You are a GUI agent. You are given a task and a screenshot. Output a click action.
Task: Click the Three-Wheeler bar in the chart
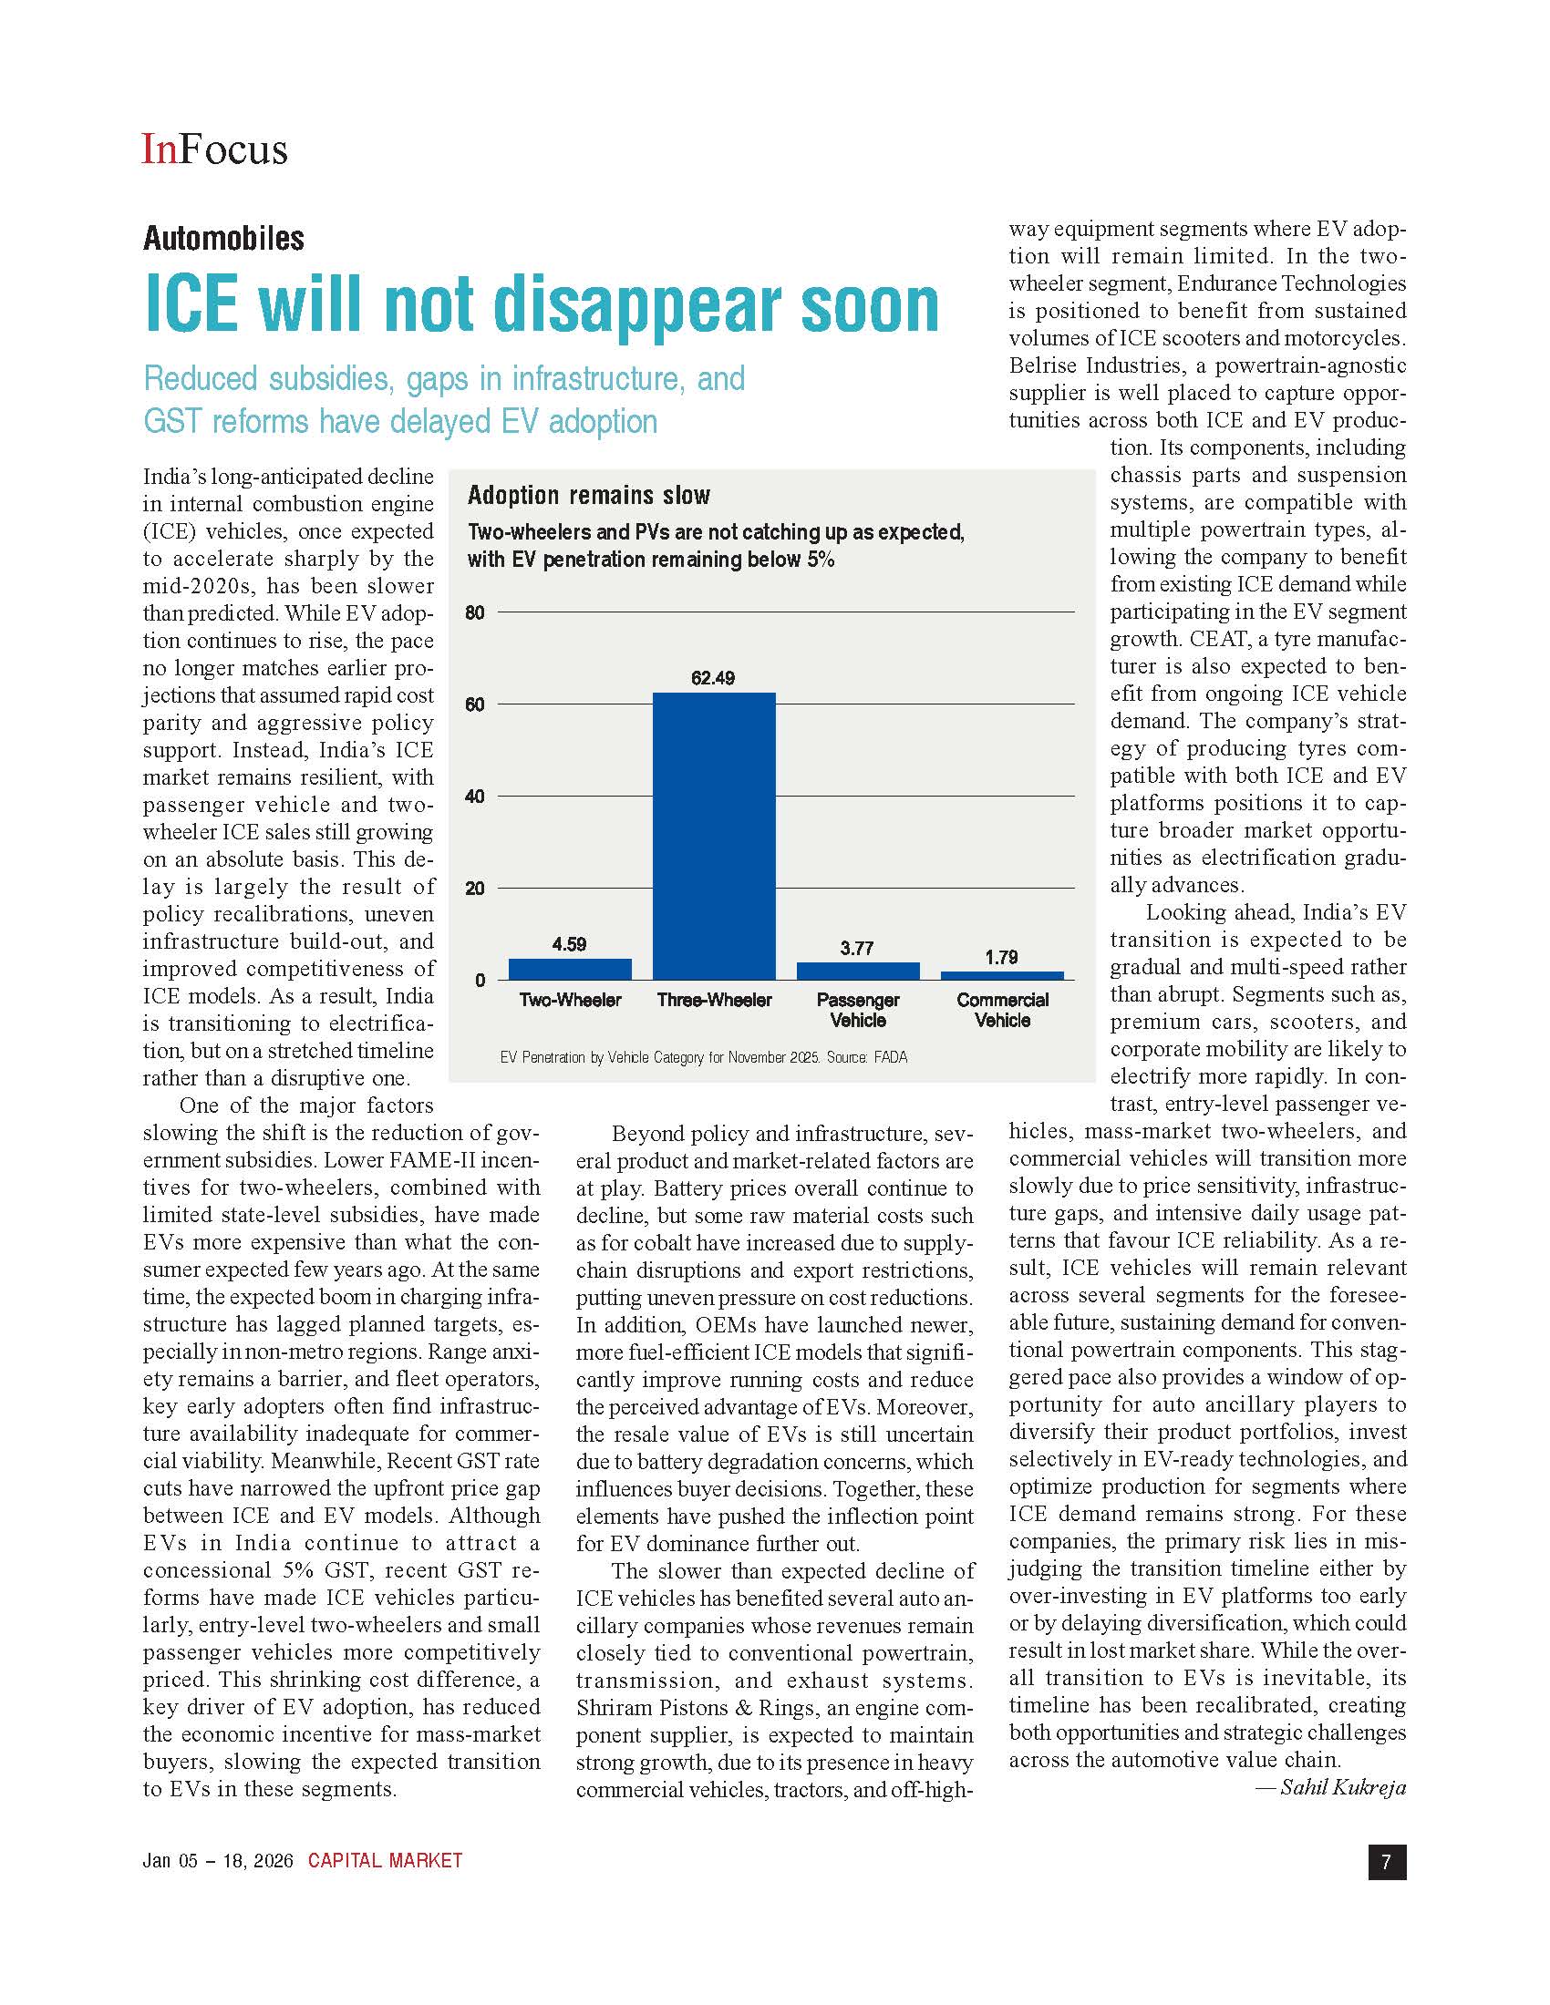[714, 836]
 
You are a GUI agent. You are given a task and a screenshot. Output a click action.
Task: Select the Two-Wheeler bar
[569, 969]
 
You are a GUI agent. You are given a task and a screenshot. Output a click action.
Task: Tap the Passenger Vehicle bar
[858, 971]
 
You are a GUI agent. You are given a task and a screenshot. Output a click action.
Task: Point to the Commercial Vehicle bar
[1002, 975]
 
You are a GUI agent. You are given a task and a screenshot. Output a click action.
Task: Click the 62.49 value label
[713, 678]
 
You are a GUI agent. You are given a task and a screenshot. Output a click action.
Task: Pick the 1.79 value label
[1001, 958]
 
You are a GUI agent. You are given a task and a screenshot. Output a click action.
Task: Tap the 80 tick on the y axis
[475, 612]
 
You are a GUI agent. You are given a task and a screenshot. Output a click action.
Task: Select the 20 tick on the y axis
[475, 888]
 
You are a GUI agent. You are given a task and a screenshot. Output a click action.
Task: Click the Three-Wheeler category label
[714, 1000]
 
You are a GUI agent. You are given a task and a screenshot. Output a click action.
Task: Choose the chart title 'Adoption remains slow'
[589, 496]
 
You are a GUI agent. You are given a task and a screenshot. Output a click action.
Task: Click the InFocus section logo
[214, 149]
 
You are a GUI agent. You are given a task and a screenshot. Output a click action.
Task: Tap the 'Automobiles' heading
[223, 239]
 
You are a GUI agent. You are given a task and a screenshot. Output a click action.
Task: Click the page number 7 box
[1387, 1862]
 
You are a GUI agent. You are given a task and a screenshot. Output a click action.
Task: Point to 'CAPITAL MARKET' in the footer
[385, 1861]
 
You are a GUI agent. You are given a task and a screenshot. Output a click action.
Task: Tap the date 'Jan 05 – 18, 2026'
[218, 1861]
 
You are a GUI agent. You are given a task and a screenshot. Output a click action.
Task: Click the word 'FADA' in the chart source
[890, 1057]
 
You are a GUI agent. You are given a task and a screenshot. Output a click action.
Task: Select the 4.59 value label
[569, 945]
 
